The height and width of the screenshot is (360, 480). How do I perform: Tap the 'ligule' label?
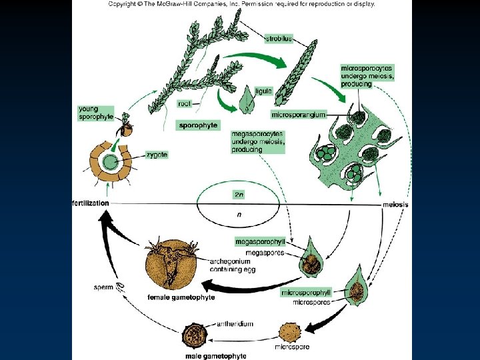263,91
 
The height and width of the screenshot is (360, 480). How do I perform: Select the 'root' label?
186,103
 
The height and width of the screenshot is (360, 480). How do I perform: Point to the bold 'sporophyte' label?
198,125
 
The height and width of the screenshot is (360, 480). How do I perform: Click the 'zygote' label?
158,155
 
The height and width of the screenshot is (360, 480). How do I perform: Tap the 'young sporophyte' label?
96,112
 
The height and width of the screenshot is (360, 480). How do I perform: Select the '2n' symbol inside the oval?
239,194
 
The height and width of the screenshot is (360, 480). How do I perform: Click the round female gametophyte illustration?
171,266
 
